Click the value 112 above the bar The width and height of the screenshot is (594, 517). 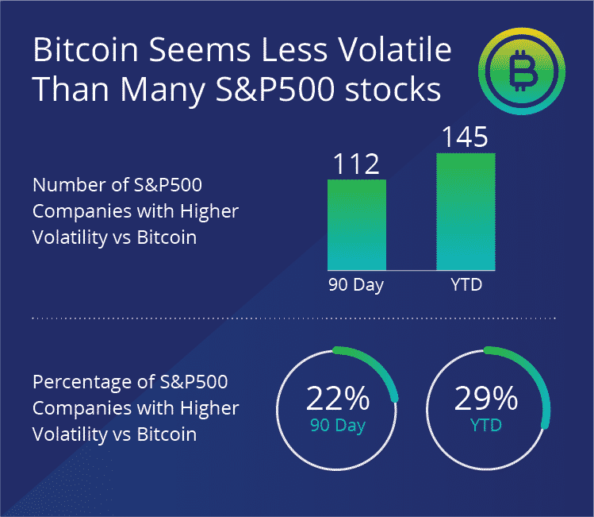[x=356, y=164]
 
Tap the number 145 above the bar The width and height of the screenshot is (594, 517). [x=466, y=137]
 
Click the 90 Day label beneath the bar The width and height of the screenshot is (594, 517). [x=356, y=285]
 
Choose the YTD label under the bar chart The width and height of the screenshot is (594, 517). [x=466, y=285]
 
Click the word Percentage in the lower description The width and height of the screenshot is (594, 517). [x=79, y=382]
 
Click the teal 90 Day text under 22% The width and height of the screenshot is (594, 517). [x=338, y=426]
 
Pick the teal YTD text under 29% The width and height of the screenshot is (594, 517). [x=486, y=426]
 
